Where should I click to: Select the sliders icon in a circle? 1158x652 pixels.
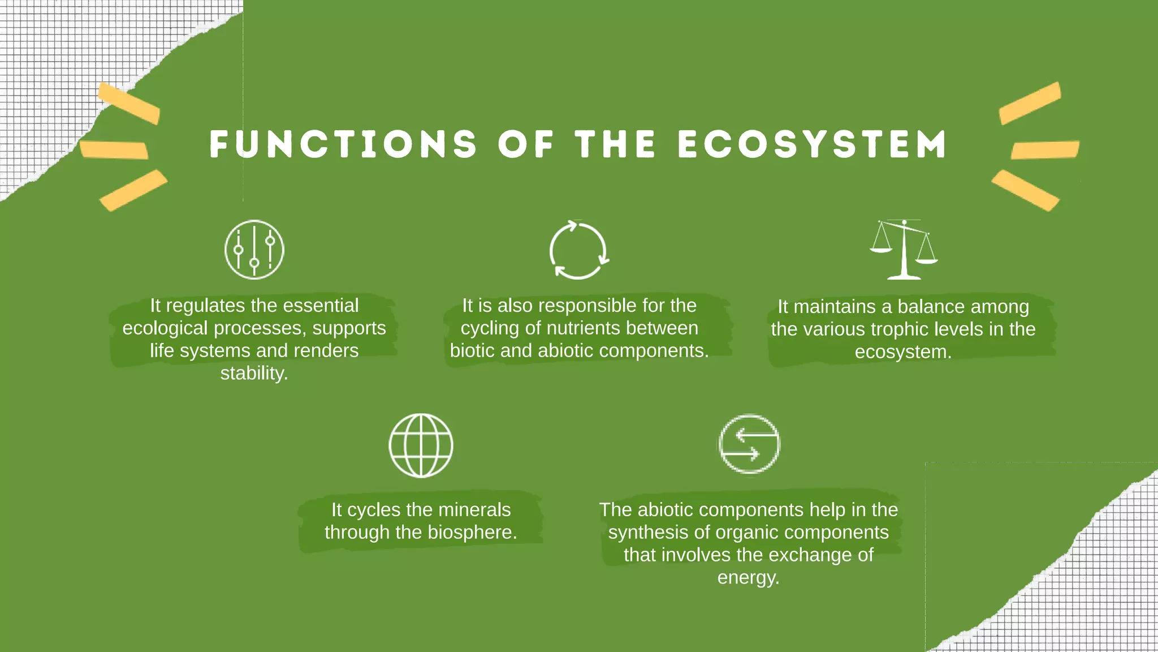point(254,250)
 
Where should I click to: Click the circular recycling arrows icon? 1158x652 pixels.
point(578,250)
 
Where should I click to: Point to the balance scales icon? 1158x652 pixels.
point(904,250)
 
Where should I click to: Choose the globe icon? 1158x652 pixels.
point(421,445)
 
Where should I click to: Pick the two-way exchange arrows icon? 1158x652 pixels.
point(749,444)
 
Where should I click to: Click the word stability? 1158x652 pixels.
point(254,374)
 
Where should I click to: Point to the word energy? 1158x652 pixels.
point(748,578)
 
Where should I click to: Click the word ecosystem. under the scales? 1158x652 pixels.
point(903,352)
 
